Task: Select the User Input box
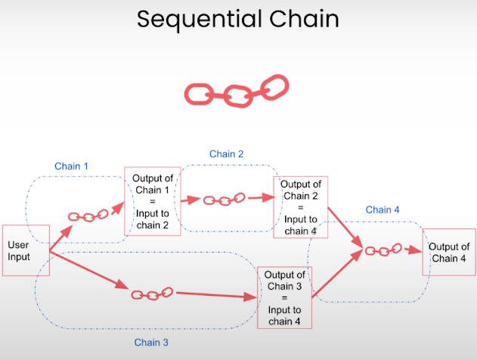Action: click(x=26, y=250)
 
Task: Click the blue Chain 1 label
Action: click(x=72, y=166)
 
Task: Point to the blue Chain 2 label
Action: click(x=227, y=154)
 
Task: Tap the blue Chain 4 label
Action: click(x=383, y=209)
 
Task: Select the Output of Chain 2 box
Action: click(x=300, y=208)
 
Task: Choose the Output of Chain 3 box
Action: click(x=284, y=298)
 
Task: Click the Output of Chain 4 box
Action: click(x=448, y=252)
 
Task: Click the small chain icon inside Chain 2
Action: click(x=222, y=200)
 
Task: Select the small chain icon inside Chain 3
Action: click(x=152, y=293)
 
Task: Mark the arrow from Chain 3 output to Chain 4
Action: click(x=337, y=274)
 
